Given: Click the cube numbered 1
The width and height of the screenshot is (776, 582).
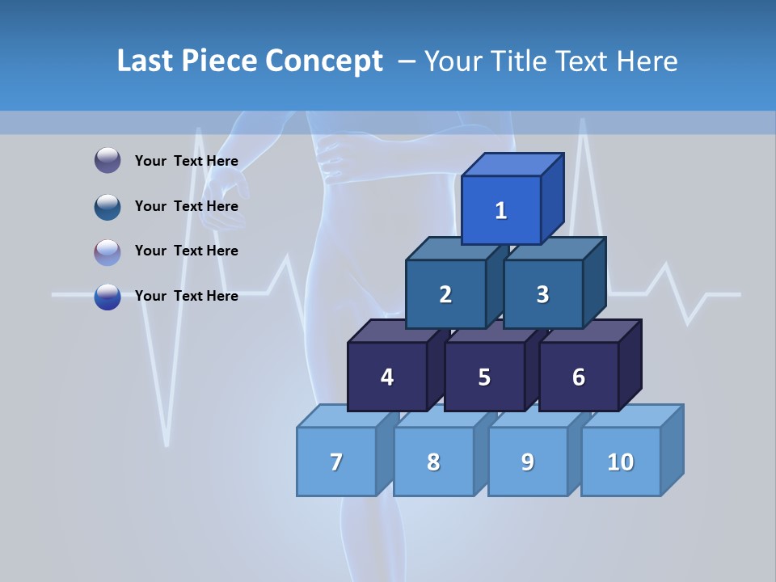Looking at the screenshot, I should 501,210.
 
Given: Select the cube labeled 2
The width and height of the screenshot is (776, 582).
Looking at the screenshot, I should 445,294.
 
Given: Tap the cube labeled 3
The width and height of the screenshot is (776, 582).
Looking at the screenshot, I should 542,294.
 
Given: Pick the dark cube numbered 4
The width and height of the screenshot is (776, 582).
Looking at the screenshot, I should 387,377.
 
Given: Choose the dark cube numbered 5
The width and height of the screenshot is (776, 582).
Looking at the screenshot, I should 484,377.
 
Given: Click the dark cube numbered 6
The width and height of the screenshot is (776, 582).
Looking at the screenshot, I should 579,377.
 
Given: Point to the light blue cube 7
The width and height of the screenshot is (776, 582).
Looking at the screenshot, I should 336,462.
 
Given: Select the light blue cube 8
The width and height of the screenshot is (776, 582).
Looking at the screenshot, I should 433,462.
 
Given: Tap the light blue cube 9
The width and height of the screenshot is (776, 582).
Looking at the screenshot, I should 528,462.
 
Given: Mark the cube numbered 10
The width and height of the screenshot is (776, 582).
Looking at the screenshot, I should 620,462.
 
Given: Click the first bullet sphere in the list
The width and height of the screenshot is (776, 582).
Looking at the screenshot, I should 108,161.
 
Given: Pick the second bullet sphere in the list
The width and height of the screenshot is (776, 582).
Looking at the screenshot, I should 108,206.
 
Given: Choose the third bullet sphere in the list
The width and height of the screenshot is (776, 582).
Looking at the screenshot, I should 108,251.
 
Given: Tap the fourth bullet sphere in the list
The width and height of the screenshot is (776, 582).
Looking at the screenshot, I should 108,296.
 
